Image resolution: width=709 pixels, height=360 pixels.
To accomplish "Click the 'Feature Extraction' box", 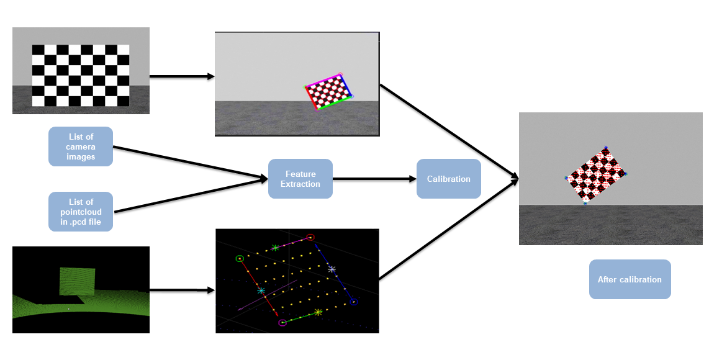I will pyautogui.click(x=300, y=179).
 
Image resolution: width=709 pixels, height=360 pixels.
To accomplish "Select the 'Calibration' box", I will pyautogui.click(x=448, y=179).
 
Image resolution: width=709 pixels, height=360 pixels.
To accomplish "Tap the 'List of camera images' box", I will pyautogui.click(x=81, y=146).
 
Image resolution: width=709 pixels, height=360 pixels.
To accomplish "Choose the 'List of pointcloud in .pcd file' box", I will pyautogui.click(x=81, y=212).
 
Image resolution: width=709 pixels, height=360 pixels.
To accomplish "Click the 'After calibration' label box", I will pyautogui.click(x=630, y=279).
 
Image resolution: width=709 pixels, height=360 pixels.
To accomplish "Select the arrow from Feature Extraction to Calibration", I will pyautogui.click(x=374, y=179).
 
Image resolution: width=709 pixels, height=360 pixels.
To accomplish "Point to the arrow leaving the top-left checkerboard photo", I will pyautogui.click(x=181, y=76).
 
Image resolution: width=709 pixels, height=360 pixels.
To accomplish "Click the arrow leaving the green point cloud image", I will pyautogui.click(x=181, y=290).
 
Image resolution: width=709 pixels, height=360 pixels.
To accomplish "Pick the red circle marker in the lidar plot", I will pyautogui.click(x=310, y=237).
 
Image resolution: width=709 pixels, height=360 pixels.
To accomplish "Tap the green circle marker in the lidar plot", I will pyautogui.click(x=239, y=258).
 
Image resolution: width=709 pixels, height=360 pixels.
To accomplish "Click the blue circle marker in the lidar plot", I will pyautogui.click(x=353, y=302).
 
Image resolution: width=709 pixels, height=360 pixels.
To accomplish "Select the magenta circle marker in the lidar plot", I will pyautogui.click(x=282, y=323).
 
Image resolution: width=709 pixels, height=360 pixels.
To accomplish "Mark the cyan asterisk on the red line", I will pyautogui.click(x=261, y=290).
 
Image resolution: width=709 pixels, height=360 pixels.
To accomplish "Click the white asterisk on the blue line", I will pyautogui.click(x=332, y=269).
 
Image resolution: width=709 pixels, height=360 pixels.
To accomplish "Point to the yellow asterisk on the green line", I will pyautogui.click(x=318, y=312).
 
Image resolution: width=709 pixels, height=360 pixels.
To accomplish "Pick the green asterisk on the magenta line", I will pyautogui.click(x=275, y=248).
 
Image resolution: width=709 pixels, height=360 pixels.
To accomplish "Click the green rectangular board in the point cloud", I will pyautogui.click(x=77, y=281).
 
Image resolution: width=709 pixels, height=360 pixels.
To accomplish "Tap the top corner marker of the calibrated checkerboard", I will pyautogui.click(x=606, y=148).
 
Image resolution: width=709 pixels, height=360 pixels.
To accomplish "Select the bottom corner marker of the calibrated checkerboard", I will pyautogui.click(x=585, y=204).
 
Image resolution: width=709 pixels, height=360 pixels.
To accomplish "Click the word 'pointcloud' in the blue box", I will pyautogui.click(x=81, y=212).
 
